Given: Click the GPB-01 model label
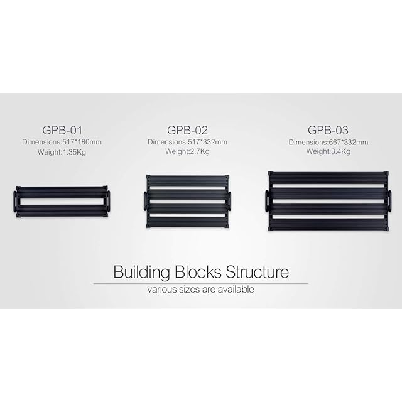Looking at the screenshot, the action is click(62, 131).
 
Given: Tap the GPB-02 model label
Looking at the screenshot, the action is click(187, 131).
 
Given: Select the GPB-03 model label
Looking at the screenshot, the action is click(328, 131).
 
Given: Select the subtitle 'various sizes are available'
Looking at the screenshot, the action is click(201, 290).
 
